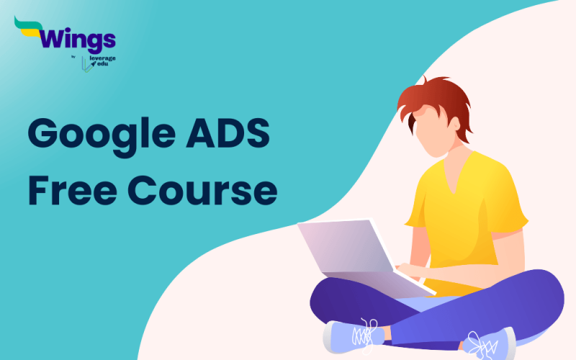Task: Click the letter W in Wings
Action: point(54,37)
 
